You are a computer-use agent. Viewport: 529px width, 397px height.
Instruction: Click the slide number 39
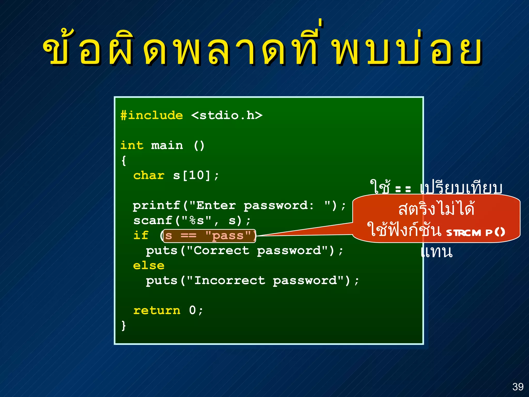(x=518, y=387)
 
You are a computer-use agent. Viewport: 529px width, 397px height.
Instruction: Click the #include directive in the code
(x=152, y=115)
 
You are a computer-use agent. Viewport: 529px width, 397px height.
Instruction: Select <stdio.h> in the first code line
(x=227, y=115)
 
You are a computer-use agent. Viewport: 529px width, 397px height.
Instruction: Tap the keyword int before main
(x=132, y=145)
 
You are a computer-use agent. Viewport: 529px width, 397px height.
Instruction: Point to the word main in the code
(x=167, y=145)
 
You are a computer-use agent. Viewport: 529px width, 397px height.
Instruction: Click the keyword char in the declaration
(x=149, y=175)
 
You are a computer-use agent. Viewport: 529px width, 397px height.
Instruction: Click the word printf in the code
(x=157, y=205)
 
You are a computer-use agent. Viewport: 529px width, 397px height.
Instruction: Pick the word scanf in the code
(x=153, y=220)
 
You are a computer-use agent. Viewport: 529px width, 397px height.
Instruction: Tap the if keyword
(x=141, y=235)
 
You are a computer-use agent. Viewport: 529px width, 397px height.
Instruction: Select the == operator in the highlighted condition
(x=188, y=236)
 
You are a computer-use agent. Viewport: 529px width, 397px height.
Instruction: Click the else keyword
(x=149, y=265)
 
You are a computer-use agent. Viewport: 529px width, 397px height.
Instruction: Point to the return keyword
(x=157, y=310)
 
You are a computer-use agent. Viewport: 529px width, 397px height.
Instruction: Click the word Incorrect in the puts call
(x=230, y=280)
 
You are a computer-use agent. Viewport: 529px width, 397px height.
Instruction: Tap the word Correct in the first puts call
(x=222, y=250)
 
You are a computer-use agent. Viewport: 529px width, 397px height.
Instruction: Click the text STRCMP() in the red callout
(x=476, y=233)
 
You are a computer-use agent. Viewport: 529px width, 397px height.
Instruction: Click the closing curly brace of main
(x=124, y=325)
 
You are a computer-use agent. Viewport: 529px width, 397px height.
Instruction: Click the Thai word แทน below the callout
(x=437, y=252)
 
